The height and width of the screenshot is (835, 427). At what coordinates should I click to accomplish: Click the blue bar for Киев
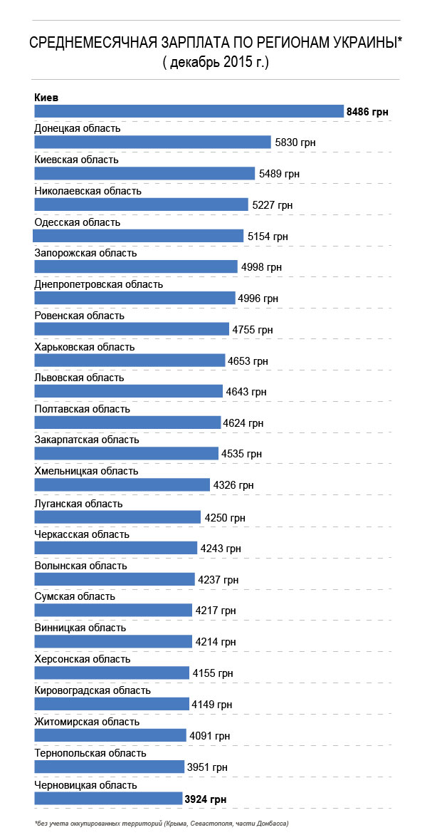[x=189, y=111]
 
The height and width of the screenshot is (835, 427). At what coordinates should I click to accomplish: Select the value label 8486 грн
[x=367, y=112]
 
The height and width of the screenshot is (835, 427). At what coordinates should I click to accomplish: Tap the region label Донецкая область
[x=78, y=128]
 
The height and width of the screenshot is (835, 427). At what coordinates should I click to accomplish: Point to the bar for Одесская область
[x=139, y=236]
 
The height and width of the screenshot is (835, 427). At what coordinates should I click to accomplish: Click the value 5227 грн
[x=273, y=205]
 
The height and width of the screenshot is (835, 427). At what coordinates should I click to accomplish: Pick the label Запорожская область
[x=85, y=253]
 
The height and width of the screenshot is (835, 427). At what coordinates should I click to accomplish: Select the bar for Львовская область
[x=128, y=391]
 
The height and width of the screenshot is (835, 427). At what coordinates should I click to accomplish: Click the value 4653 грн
[x=248, y=361]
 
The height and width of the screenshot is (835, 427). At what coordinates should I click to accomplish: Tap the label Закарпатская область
[x=87, y=440]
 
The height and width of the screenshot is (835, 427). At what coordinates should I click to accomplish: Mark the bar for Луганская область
[x=117, y=517]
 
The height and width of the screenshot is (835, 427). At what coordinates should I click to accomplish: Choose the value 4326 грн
[x=233, y=485]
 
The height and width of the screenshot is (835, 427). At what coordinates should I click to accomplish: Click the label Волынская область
[x=80, y=565]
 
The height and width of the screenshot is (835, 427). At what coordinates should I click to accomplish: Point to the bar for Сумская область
[x=113, y=611]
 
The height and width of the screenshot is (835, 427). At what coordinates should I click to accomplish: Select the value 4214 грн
[x=216, y=642]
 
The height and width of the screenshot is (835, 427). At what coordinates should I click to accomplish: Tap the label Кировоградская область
[x=93, y=690]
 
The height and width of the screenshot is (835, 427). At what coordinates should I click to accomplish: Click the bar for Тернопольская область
[x=109, y=767]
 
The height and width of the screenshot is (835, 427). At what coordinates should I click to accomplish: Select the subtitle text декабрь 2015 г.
[x=215, y=63]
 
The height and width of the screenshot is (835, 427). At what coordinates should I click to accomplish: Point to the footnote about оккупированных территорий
[x=162, y=824]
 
